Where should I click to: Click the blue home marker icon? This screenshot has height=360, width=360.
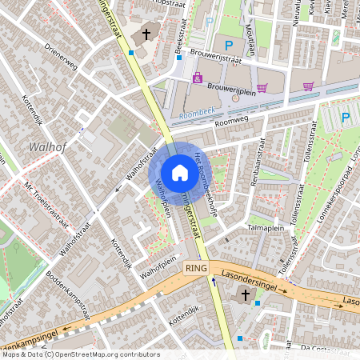tap(180, 173)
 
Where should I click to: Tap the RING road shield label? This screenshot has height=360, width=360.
tap(196, 269)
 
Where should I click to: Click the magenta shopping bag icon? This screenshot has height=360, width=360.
tap(198, 77)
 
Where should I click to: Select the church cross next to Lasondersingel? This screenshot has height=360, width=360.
tap(246, 296)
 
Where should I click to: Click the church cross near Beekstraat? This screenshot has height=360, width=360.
tap(146, 34)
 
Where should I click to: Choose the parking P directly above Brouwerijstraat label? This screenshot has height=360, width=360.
tap(229, 46)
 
